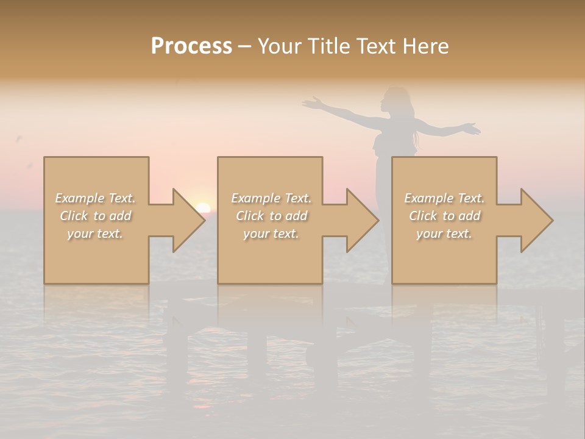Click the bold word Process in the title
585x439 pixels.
click(191, 46)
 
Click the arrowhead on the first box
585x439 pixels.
click(185, 221)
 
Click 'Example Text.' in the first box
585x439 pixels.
click(95, 198)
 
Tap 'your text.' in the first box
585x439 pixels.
click(95, 234)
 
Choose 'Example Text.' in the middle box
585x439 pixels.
click(271, 198)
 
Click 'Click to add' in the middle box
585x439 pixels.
click(271, 216)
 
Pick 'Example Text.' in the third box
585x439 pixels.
click(444, 198)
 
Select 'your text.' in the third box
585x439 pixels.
click(444, 234)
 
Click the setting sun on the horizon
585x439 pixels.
click(203, 208)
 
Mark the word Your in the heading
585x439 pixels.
click(280, 46)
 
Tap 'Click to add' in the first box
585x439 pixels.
click(95, 216)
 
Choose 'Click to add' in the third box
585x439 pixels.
click(444, 216)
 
